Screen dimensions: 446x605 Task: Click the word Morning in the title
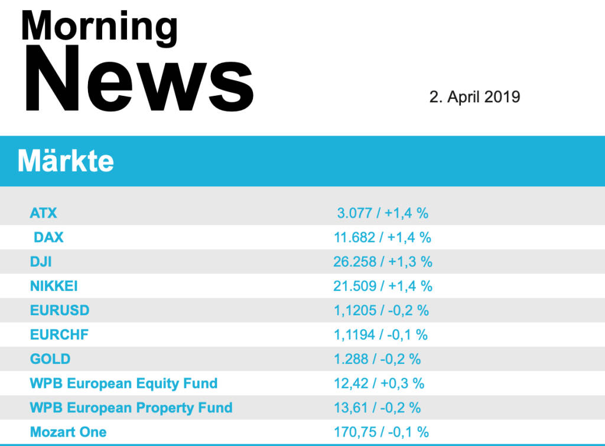[99, 27]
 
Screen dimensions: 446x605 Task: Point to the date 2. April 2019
[474, 97]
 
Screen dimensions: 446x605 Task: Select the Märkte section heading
[66, 161]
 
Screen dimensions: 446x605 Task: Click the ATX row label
[43, 213]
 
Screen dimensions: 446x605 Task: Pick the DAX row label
[48, 237]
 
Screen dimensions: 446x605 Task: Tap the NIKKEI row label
[54, 286]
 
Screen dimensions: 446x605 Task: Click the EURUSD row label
[60, 311]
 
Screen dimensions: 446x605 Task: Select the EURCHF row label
[59, 335]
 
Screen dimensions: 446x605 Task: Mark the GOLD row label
[50, 359]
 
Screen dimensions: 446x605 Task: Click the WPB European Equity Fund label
[123, 383]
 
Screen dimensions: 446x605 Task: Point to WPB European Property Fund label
[131, 408]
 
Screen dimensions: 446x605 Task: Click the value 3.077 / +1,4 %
[383, 213]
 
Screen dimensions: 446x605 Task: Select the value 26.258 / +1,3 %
[383, 261]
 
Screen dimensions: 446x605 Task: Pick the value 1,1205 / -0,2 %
[381, 311]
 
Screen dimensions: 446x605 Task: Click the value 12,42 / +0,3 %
[379, 383]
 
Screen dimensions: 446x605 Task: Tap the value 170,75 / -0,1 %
[381, 432]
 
